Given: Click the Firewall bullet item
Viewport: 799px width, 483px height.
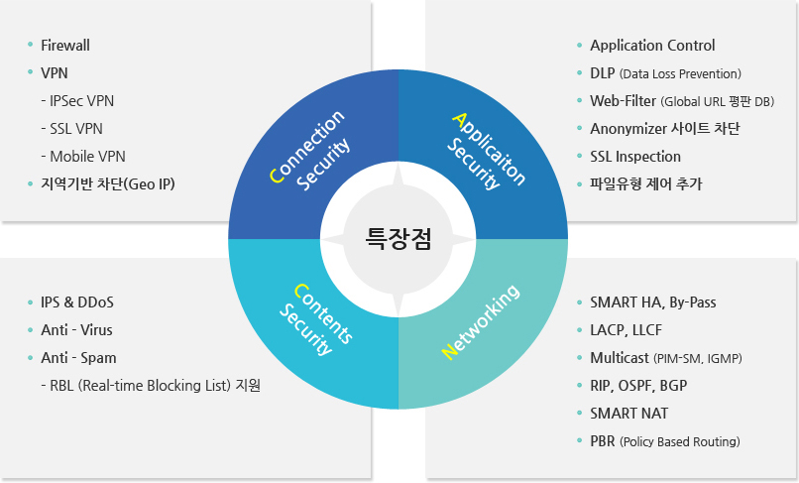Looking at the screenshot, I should point(65,46).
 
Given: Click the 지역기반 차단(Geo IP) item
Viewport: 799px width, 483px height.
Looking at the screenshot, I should point(108,184).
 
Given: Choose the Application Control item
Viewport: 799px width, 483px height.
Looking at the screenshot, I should point(652,46).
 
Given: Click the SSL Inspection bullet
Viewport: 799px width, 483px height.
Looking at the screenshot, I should point(635,157).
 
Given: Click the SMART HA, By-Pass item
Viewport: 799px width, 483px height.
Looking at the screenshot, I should point(652,302).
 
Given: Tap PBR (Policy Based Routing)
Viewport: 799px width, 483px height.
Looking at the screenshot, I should point(664,441).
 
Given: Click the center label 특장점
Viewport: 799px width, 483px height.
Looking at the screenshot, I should point(399,239).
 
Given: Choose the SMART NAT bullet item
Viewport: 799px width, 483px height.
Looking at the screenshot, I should point(628,414).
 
